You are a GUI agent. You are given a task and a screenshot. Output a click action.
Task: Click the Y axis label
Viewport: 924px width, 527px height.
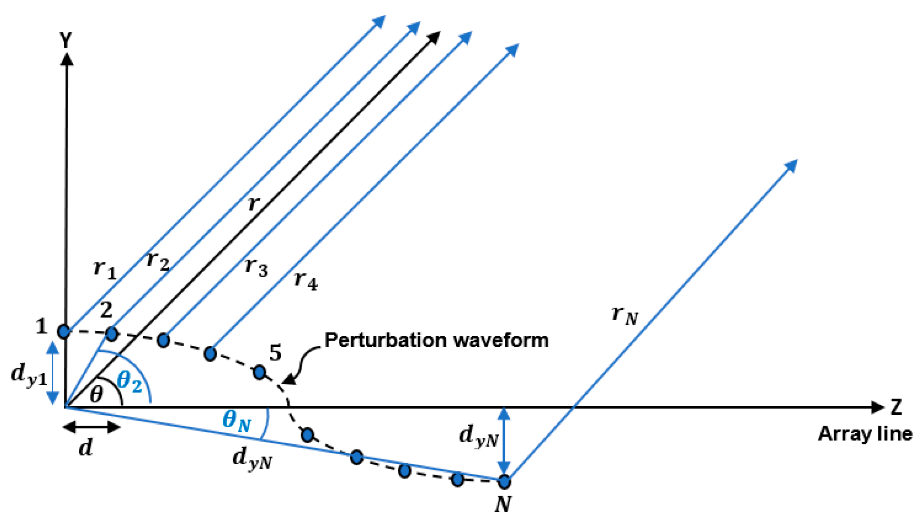[66, 40]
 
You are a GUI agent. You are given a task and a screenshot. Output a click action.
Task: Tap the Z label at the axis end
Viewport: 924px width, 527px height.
[896, 407]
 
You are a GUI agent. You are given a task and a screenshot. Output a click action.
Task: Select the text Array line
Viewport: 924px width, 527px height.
[865, 434]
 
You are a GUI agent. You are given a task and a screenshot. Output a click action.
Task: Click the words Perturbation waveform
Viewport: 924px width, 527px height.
[436, 341]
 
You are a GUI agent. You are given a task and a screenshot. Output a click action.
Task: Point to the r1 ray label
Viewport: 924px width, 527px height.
[105, 270]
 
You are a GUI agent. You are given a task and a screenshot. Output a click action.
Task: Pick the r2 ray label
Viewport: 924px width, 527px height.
[158, 261]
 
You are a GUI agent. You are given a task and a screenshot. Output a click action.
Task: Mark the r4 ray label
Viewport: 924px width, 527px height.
[305, 281]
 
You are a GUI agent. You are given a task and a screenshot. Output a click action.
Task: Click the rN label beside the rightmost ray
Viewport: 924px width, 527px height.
[624, 315]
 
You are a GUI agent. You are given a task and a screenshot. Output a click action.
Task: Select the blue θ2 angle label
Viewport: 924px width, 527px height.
[130, 381]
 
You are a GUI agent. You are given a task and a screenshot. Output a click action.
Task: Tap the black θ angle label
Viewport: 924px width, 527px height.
[97, 394]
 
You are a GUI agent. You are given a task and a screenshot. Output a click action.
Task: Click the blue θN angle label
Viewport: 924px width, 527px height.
[237, 421]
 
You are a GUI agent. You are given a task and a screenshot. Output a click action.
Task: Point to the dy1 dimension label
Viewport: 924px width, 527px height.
[29, 375]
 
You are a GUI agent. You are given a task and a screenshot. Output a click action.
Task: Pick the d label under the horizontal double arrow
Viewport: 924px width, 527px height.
[86, 448]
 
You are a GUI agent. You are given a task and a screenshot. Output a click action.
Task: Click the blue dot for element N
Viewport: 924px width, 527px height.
[504, 482]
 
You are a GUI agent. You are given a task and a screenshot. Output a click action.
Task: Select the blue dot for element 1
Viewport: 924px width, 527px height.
[64, 331]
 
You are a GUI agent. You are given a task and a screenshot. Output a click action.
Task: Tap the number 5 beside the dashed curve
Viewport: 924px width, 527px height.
[275, 353]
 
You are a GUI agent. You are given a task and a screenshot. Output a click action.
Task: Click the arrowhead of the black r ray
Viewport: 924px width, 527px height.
[434, 37]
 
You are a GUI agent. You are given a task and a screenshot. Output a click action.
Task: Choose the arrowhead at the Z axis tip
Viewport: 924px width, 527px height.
[878, 407]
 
